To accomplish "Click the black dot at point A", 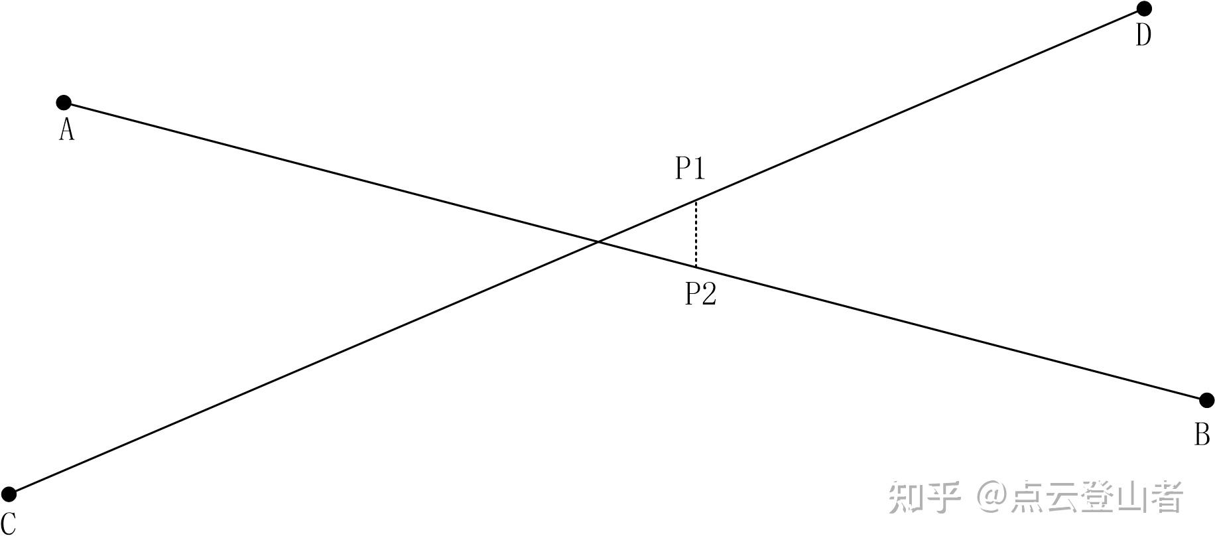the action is (64, 103).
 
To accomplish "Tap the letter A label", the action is (66, 130).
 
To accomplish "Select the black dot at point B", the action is (1207, 400).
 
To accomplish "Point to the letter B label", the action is (1202, 435).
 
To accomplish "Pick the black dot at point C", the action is (9, 494).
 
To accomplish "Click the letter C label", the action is (8, 524).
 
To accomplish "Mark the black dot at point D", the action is (1144, 9).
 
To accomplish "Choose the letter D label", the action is (1143, 35).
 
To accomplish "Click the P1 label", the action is (690, 168).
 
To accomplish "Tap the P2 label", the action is (700, 293).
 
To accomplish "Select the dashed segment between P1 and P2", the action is (696, 234).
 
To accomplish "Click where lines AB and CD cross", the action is (599, 242).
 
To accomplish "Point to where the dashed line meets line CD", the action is (696, 200).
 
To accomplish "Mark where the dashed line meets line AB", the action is (696, 267).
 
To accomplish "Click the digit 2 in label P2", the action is (708, 293).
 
